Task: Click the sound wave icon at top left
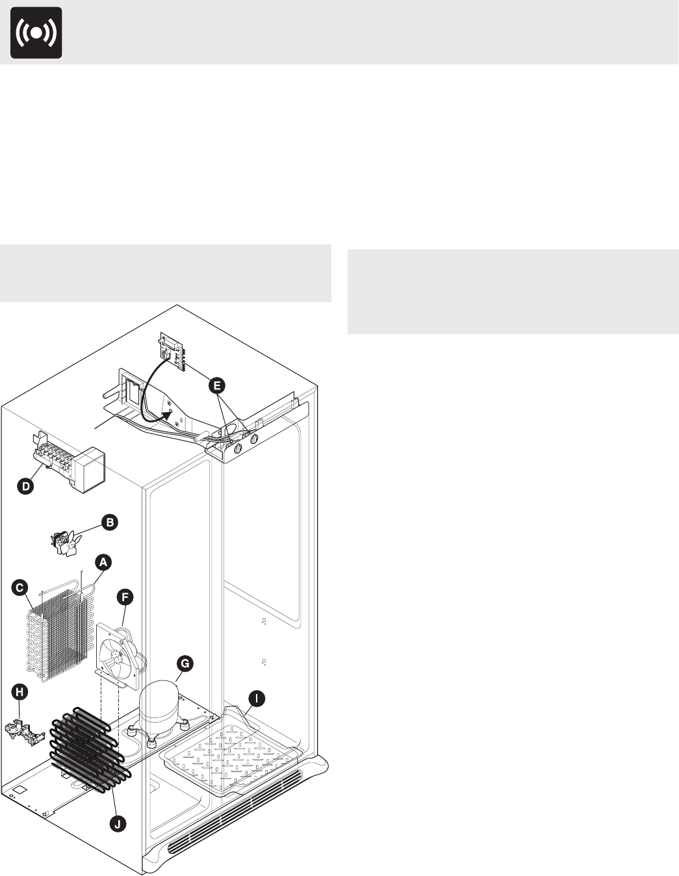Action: point(36,33)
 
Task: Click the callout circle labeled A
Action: point(103,561)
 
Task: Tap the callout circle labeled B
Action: point(110,522)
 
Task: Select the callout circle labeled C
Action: point(21,587)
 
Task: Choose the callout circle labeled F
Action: point(125,596)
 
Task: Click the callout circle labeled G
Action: point(185,663)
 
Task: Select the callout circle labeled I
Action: point(257,699)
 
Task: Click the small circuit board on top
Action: point(173,352)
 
